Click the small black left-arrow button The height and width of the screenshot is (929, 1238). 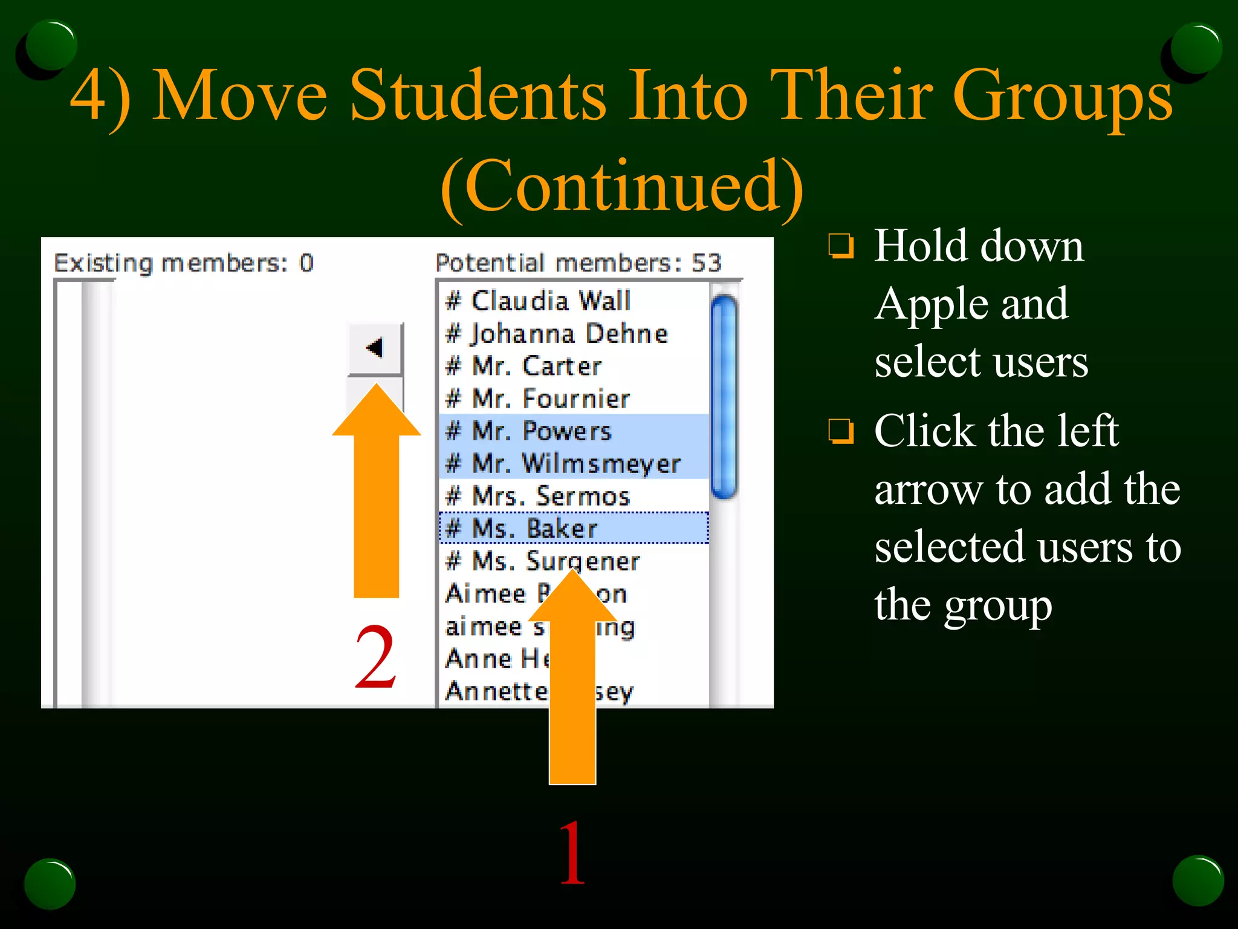coord(375,348)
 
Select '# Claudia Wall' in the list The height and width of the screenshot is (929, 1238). coord(538,301)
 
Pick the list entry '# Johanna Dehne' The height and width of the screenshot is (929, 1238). coord(556,334)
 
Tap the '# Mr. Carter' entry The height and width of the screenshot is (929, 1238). coord(523,366)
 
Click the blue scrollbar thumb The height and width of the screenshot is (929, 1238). coord(724,396)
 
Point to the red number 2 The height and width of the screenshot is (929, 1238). coord(375,658)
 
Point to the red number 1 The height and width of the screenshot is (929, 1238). coord(572,853)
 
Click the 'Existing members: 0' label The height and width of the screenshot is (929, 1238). coord(184,263)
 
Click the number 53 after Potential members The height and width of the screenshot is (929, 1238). coord(706,263)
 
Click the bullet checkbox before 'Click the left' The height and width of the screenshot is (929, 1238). coord(841,431)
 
